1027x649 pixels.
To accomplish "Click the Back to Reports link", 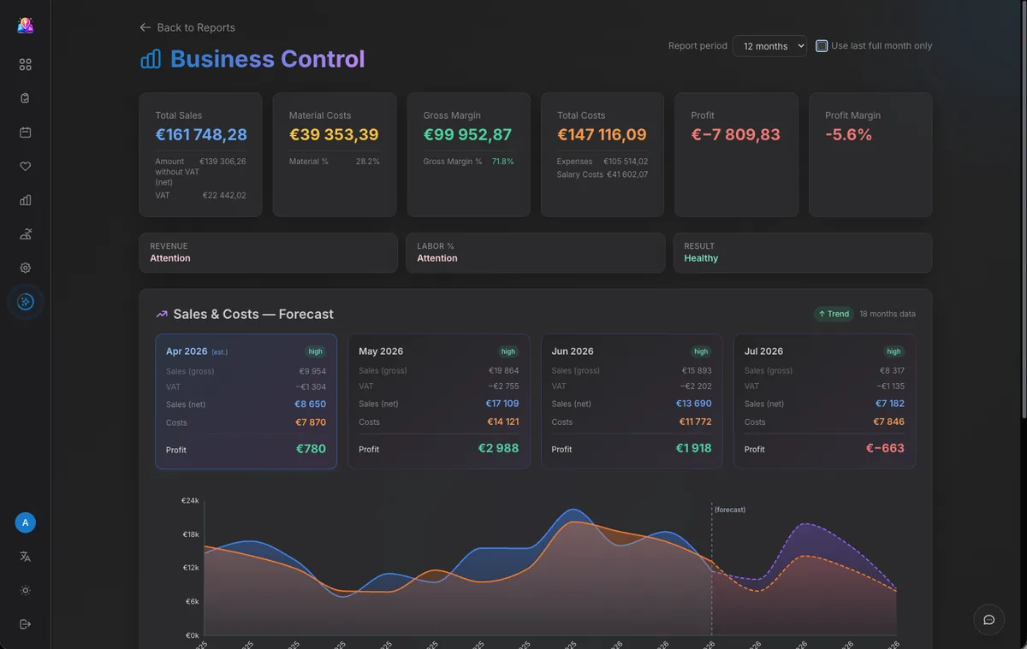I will point(187,27).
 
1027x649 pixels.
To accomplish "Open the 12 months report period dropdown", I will point(769,46).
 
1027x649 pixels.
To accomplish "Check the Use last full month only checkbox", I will point(822,46).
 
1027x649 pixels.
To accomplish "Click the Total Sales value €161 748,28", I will point(201,134).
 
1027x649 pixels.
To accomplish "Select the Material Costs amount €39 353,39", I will point(334,134).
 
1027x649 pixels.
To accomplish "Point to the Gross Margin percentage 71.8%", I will point(502,162).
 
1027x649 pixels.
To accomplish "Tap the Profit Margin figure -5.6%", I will point(848,134).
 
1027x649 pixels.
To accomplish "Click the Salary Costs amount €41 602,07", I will point(626,174).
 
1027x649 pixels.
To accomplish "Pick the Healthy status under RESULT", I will point(701,258).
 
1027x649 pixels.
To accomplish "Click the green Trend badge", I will point(833,314).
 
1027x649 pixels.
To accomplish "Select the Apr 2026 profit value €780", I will point(311,449).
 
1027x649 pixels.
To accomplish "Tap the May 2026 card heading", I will point(381,351).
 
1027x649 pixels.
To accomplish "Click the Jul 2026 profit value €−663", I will point(885,448).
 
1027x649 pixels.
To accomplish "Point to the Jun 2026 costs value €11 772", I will point(695,422).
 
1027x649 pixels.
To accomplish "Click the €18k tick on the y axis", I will point(190,534).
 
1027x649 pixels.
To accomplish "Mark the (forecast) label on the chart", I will point(730,510).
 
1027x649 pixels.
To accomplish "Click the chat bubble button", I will point(988,620).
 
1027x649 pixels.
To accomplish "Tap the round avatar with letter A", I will point(26,522).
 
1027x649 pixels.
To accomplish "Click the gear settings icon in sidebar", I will point(26,268).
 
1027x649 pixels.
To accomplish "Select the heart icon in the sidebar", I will point(26,167).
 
